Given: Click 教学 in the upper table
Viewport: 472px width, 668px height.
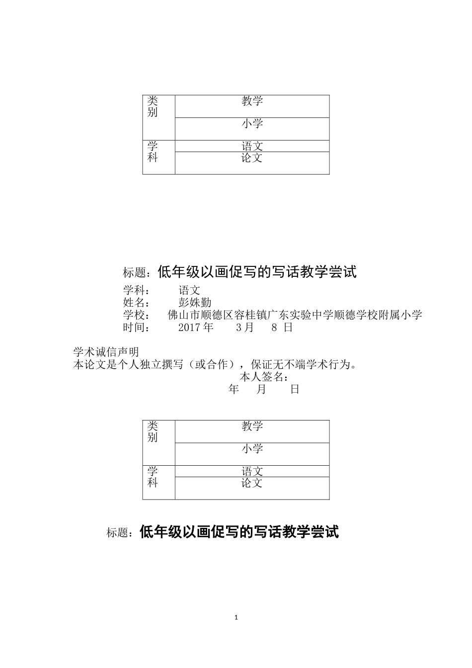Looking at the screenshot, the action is click(252, 101).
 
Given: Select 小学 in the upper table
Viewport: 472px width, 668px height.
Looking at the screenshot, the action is click(252, 124).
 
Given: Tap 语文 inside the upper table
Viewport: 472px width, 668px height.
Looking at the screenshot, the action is click(252, 146).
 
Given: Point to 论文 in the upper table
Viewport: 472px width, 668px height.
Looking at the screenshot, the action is click(252, 158).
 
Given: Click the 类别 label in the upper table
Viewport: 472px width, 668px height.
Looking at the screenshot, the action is click(153, 106).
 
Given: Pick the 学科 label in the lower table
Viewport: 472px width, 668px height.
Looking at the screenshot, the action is click(153, 477).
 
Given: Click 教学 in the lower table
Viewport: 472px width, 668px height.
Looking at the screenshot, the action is click(252, 426).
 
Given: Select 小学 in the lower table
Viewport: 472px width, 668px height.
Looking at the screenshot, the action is click(252, 449).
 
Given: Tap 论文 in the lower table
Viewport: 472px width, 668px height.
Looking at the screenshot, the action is click(252, 483).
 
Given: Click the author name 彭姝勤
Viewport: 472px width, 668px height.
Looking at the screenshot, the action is click(195, 302).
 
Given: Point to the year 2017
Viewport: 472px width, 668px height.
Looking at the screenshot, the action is click(189, 328).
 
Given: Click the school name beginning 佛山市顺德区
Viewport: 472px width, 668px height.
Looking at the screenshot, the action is click(295, 315).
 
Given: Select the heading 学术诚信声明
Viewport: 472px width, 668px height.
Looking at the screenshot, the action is click(106, 352).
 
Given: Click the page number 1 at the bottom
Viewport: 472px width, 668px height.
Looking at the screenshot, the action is click(236, 618).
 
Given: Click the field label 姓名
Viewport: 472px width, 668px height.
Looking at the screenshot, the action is click(136, 302).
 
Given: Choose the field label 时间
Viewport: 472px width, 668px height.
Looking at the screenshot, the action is click(136, 328).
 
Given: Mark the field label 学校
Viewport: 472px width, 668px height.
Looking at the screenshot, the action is click(136, 315).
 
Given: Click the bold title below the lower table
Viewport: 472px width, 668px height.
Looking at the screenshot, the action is click(239, 532).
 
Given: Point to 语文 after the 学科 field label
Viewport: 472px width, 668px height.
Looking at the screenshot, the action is click(189, 290).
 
